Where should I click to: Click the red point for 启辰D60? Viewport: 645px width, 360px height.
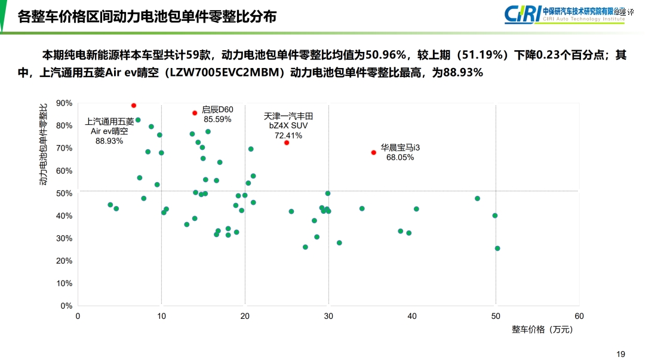195,113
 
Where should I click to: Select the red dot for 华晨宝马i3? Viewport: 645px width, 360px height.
374,152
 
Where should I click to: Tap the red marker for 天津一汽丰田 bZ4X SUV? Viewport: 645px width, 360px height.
287,143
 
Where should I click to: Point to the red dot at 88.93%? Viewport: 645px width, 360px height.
134,106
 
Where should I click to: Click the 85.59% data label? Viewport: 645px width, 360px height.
217,119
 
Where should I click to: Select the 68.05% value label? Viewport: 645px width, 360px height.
400,158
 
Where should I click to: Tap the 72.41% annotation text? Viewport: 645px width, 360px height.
288,136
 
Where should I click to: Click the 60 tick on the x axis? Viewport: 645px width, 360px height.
579,316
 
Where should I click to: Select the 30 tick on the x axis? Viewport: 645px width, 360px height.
328,316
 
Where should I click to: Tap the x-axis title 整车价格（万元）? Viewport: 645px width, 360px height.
545,330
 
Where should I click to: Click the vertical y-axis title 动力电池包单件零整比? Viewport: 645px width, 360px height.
44,144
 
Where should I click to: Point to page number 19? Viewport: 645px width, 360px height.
621,354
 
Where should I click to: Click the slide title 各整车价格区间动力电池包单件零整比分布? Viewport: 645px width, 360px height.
147,16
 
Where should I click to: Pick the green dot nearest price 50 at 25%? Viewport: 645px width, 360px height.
497,248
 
